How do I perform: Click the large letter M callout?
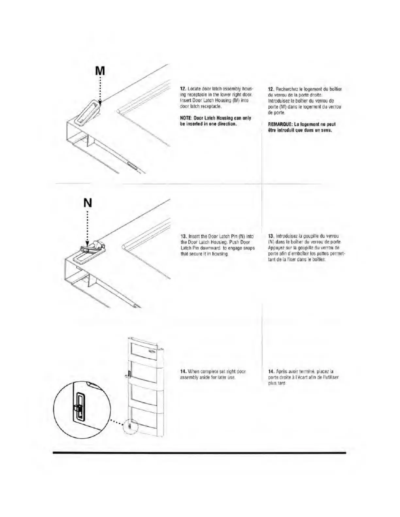click(x=100, y=71)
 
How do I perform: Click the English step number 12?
click(x=183, y=88)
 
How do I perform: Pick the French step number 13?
click(x=270, y=236)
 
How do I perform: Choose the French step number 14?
click(x=271, y=371)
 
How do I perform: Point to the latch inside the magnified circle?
click(x=79, y=408)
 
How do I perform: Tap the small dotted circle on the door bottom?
click(x=130, y=427)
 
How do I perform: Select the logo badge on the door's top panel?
click(x=153, y=351)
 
